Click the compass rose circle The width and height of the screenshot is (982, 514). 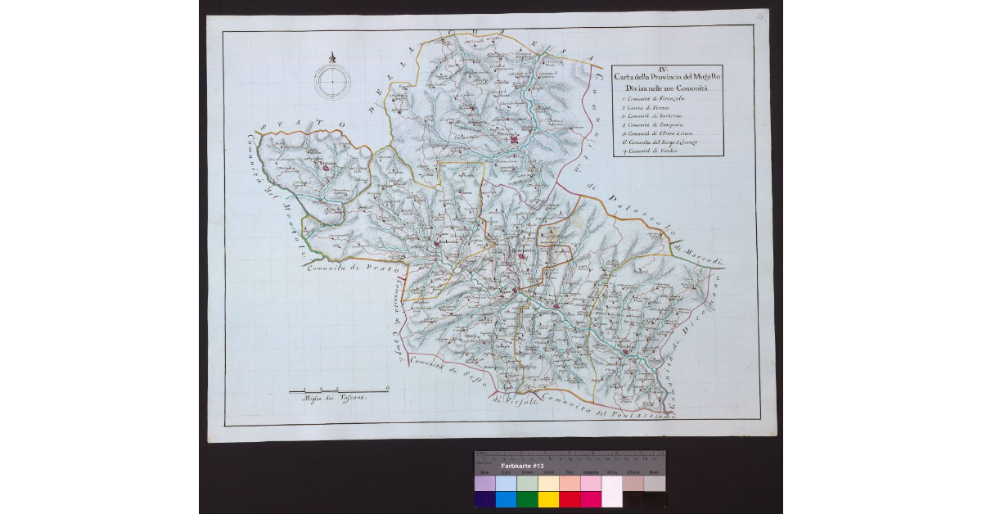point(332,82)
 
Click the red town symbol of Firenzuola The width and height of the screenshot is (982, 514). point(515,142)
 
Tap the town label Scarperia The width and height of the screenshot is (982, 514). point(521,250)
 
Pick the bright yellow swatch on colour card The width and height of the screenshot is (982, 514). point(548,499)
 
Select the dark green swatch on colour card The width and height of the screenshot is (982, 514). point(527,499)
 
